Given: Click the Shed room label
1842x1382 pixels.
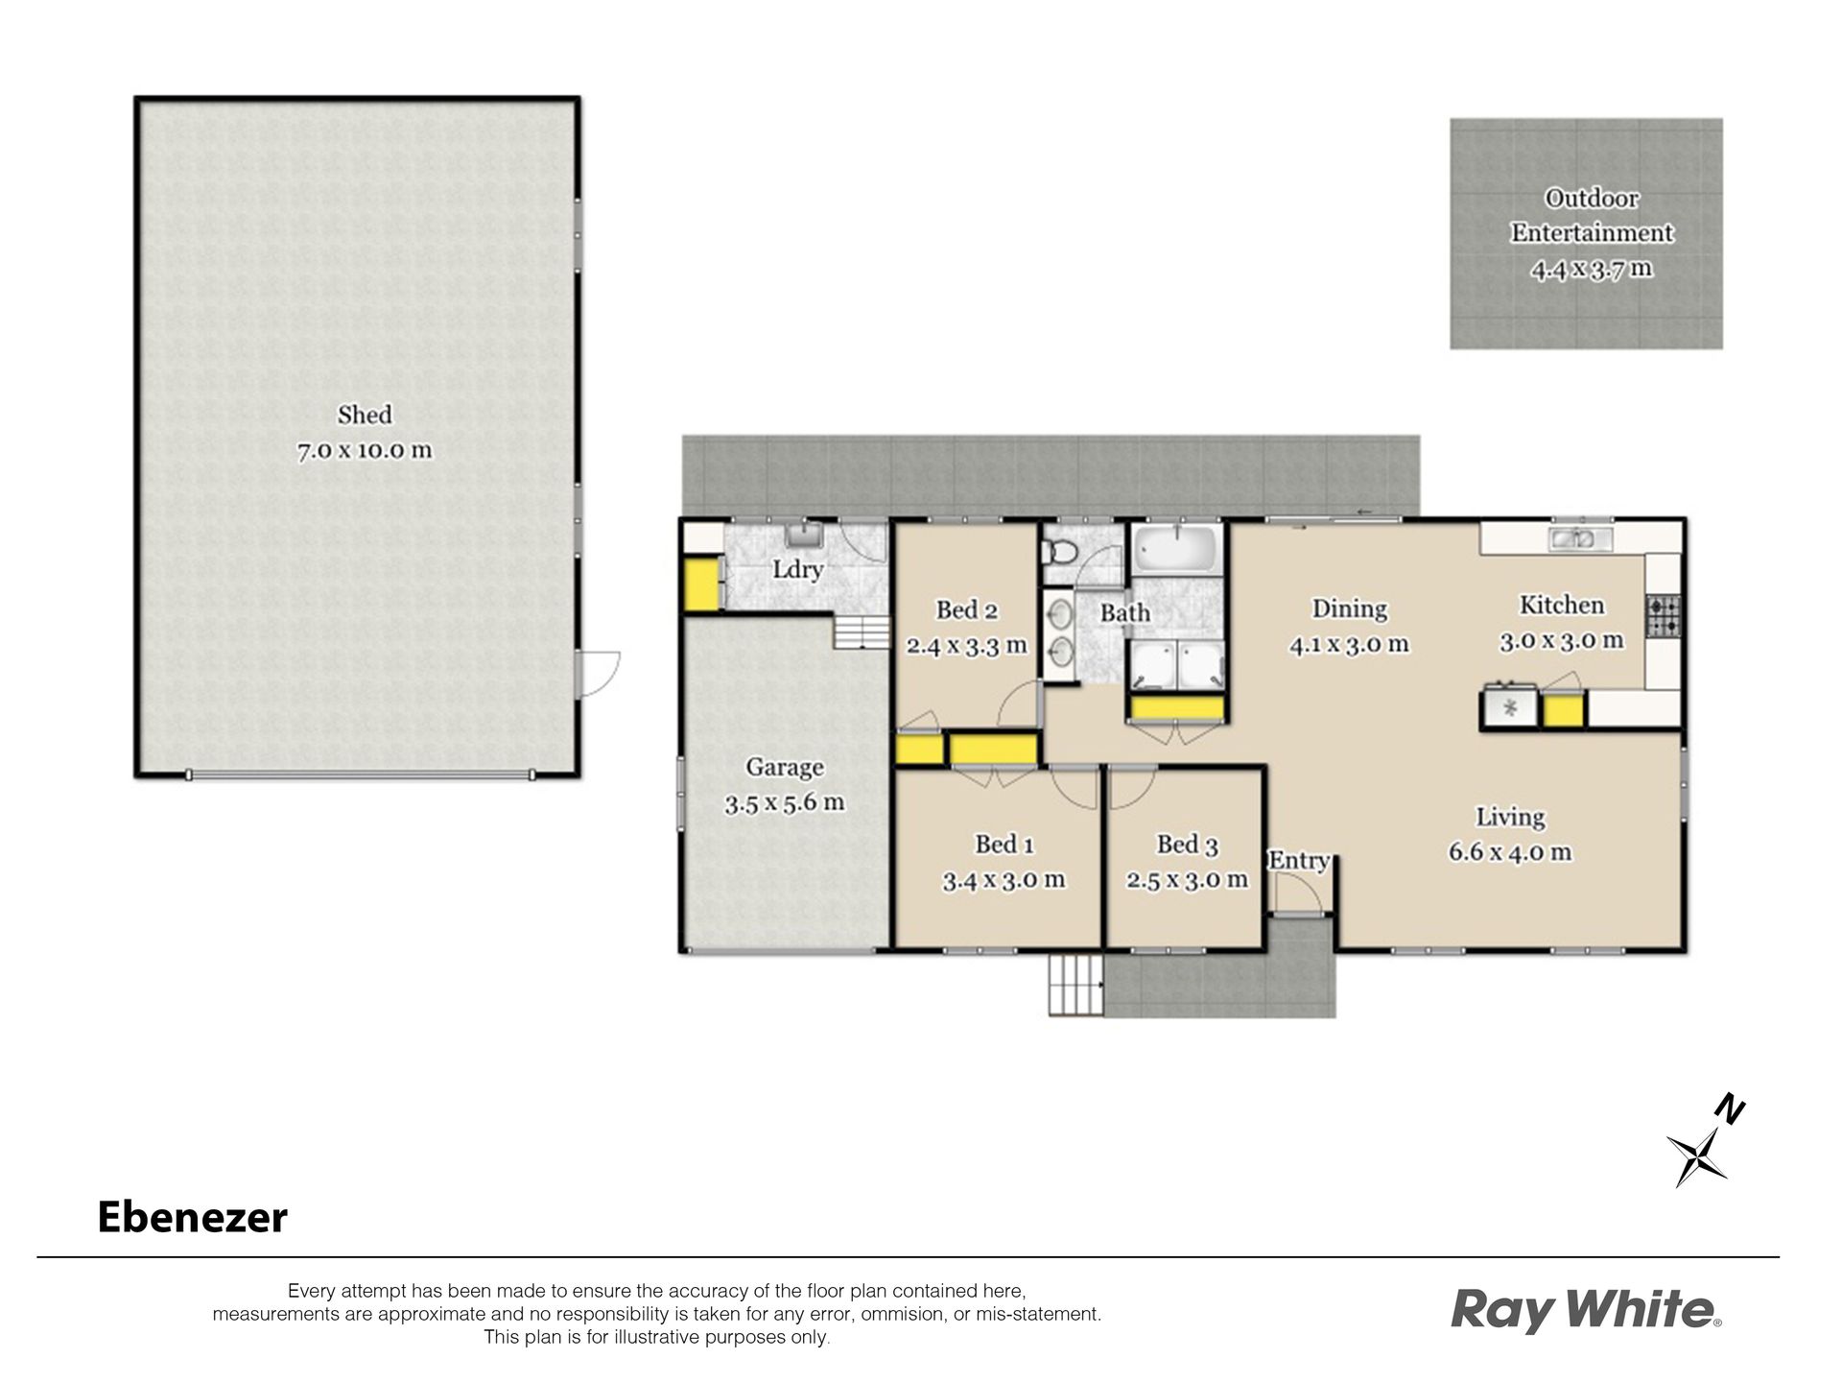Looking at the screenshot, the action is point(365,415).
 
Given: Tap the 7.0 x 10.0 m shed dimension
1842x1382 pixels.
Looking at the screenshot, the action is point(365,450).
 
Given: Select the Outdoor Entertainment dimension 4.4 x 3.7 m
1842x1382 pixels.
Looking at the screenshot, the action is point(1592,269).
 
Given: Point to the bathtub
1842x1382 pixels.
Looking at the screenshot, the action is point(1176,549).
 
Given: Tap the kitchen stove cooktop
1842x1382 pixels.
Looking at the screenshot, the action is point(1664,616).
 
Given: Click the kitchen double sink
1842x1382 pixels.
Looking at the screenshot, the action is point(1579,539).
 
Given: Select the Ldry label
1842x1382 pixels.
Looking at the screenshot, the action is point(798,569).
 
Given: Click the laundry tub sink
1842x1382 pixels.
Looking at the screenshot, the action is point(801,534).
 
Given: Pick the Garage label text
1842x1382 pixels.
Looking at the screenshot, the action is point(785,767).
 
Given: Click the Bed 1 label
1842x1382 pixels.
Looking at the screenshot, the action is point(1004,845).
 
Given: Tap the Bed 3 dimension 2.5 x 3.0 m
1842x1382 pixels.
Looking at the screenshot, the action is point(1187,880).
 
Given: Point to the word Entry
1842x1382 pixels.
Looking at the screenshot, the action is point(1299,861).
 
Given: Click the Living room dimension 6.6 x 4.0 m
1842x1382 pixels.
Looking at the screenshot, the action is point(1510,852).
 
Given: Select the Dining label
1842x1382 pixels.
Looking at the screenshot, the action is point(1349,608).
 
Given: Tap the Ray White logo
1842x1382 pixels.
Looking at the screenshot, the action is point(1586,1310).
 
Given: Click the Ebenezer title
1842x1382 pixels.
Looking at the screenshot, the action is point(193,1218).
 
